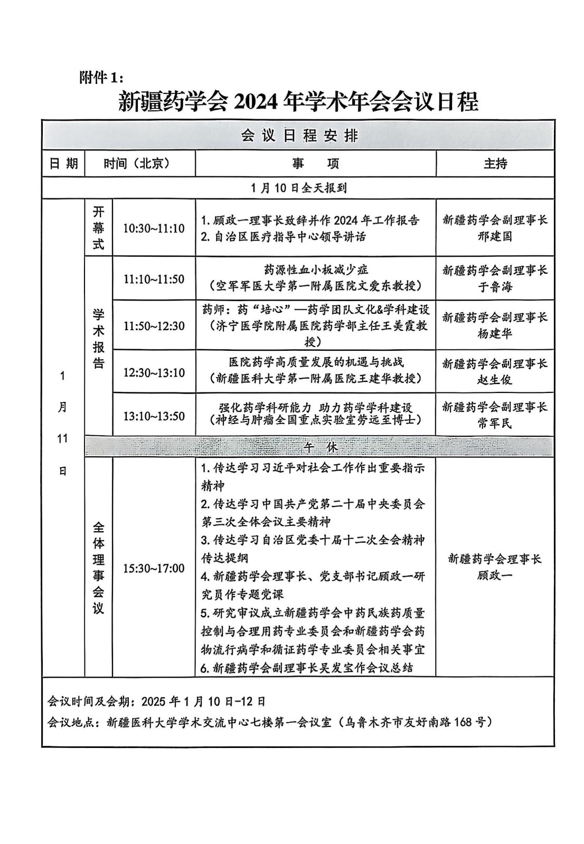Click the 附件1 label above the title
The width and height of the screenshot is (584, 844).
click(100, 78)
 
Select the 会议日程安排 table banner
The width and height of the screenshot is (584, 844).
click(299, 136)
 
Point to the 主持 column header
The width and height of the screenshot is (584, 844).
click(495, 164)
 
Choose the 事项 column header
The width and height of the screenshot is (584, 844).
click(315, 164)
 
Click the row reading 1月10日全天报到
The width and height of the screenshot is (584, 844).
click(299, 188)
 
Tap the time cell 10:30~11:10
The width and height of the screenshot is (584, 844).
click(154, 228)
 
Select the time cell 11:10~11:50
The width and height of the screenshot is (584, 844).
click(154, 279)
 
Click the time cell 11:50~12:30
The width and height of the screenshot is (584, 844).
click(154, 326)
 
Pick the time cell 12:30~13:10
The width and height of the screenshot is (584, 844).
click(154, 372)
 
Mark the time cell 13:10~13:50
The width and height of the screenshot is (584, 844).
click(154, 416)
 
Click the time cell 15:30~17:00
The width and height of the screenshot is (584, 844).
click(154, 568)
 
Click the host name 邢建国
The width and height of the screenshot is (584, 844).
click(495, 236)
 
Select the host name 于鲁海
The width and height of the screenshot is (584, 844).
click(495, 287)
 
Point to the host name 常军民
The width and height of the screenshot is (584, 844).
click(495, 423)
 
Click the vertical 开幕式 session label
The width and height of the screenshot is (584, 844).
click(98, 228)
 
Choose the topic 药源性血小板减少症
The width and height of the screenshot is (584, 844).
click(316, 271)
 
